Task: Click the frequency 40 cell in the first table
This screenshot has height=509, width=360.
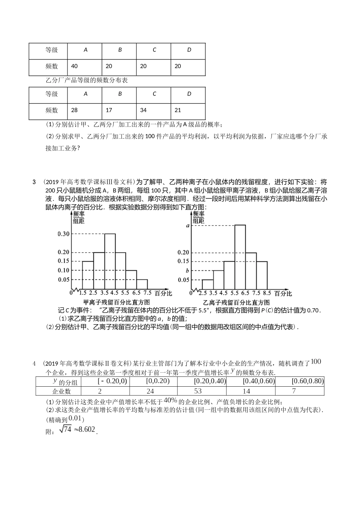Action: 74,66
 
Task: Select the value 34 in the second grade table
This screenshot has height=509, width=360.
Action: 144,110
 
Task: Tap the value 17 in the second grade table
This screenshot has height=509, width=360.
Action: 109,110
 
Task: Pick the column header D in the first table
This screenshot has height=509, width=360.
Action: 189,50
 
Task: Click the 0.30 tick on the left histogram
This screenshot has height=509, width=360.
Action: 63,234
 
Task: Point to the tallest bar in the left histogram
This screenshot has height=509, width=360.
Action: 110,261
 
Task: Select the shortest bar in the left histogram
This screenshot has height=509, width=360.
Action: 142,284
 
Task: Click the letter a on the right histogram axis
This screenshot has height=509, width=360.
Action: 187,226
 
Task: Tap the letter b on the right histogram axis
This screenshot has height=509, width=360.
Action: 187,271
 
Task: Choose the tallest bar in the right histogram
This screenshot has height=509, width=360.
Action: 240,258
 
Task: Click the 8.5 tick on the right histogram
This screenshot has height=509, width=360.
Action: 267,293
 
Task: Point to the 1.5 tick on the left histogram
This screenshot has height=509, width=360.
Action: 82,293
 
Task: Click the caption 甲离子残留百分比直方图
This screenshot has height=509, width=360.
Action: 116,302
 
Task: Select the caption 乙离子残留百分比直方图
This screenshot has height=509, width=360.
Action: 236,302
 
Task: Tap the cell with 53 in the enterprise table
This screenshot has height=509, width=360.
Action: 198,391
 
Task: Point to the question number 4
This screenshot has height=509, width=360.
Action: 34,364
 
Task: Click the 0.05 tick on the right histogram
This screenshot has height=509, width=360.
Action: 183,280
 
